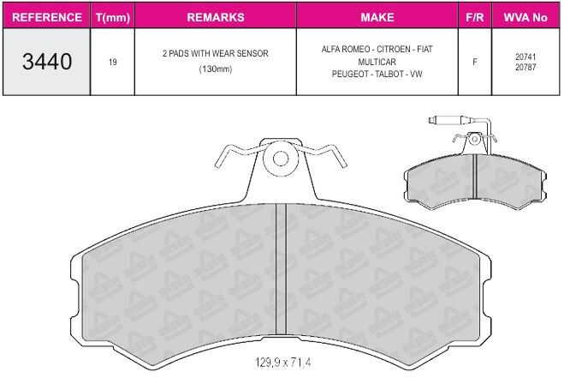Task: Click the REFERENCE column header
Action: (47, 17)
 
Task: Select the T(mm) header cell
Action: (113, 17)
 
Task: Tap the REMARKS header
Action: (216, 17)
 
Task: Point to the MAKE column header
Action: (377, 17)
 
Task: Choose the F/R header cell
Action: (475, 17)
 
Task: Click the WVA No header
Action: (525, 17)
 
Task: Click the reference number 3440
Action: (47, 61)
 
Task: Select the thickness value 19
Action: (113, 62)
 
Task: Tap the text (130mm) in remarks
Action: (216, 69)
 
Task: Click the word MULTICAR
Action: (377, 62)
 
